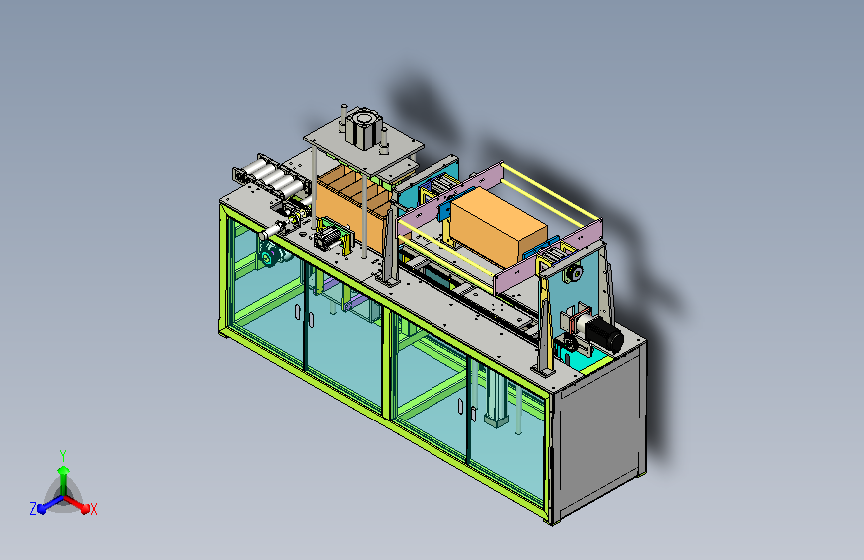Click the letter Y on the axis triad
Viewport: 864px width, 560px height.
click(x=63, y=455)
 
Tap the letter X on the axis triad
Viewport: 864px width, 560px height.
click(x=93, y=509)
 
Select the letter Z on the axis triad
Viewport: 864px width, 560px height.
click(x=33, y=509)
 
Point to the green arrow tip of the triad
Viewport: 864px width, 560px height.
click(x=64, y=470)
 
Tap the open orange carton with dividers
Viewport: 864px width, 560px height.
click(x=353, y=206)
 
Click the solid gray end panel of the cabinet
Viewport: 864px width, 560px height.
click(x=599, y=430)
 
